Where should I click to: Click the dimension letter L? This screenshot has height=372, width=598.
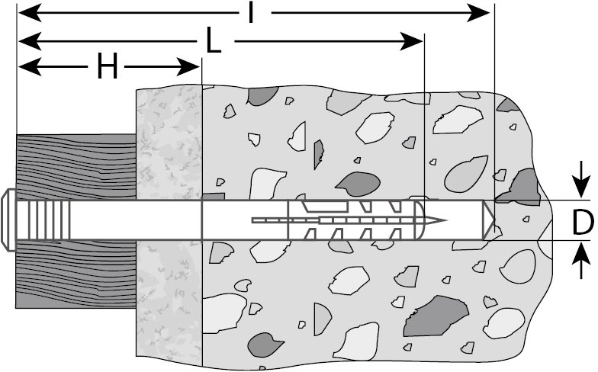pyautogui.click(x=214, y=41)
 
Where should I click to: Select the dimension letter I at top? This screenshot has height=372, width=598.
pyautogui.click(x=250, y=13)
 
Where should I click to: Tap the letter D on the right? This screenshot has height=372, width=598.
pyautogui.click(x=582, y=222)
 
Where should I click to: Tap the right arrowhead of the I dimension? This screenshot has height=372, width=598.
pyautogui.click(x=481, y=13)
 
